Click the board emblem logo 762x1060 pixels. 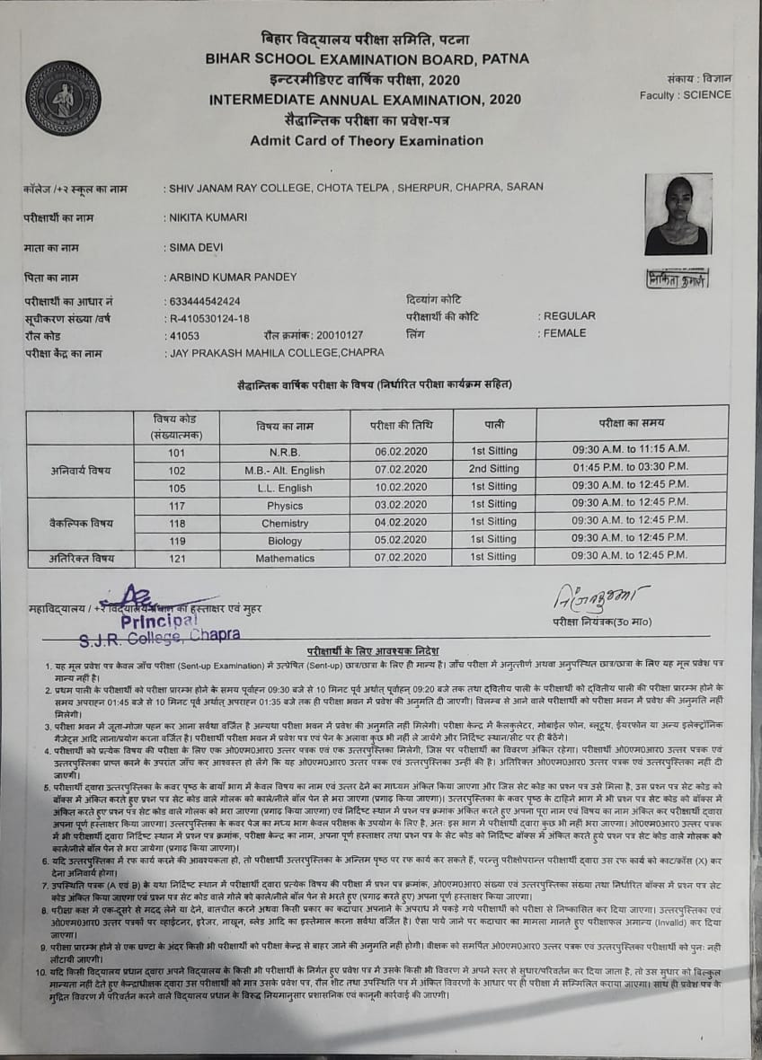pyautogui.click(x=63, y=98)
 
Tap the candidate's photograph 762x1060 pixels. pyautogui.click(x=678, y=215)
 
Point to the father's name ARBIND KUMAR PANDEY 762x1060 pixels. pyautogui.click(x=232, y=278)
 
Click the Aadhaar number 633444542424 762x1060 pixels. pyautogui.click(x=204, y=301)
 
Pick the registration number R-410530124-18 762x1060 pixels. pyautogui.click(x=208, y=317)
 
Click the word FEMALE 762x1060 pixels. pyautogui.click(x=565, y=333)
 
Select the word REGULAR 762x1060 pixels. pyautogui.click(x=570, y=316)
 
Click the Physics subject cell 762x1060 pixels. pyautogui.click(x=285, y=505)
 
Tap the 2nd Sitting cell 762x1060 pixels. pyautogui.click(x=493, y=469)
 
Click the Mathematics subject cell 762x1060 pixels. pyautogui.click(x=285, y=558)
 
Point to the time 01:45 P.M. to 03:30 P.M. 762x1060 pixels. pyautogui.click(x=630, y=468)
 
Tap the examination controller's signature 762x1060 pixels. pyautogui.click(x=598, y=596)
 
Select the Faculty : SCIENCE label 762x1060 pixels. pyautogui.click(x=686, y=94)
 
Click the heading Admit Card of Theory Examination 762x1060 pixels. pyautogui.click(x=367, y=140)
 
